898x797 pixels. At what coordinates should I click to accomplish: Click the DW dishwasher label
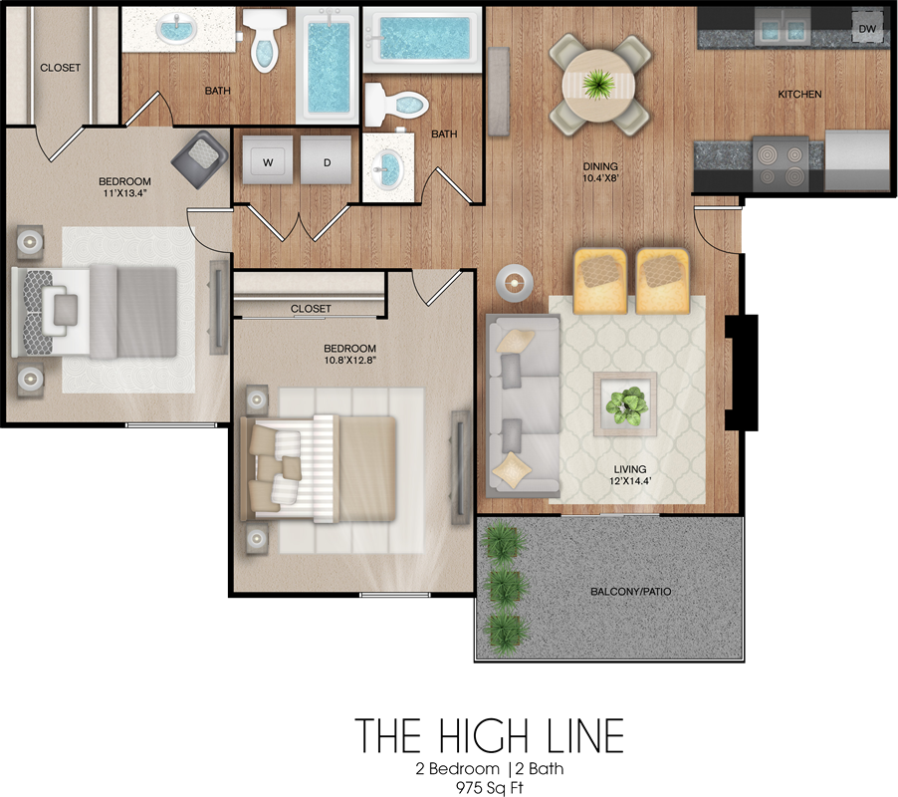(867, 29)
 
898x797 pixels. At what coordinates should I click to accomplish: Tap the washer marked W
(268, 159)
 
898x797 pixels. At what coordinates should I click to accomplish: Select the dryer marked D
(326, 159)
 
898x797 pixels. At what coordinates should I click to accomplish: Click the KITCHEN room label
(799, 94)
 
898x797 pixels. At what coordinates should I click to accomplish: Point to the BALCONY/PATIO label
(630, 592)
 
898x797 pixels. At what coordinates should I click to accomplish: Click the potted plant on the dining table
(598, 85)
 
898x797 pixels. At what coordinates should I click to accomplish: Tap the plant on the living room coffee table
(626, 404)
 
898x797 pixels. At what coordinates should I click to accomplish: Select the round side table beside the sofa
(515, 283)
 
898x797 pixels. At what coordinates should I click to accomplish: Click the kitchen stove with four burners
(781, 163)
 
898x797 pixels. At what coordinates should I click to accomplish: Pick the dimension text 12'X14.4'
(630, 481)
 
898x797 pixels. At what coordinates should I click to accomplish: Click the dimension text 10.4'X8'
(600, 178)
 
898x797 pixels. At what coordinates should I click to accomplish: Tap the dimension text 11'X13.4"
(124, 193)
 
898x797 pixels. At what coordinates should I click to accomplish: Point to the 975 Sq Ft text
(490, 788)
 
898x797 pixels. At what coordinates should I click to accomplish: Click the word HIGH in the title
(484, 735)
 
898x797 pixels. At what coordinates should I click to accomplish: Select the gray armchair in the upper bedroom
(199, 158)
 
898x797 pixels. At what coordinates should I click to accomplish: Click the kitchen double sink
(782, 28)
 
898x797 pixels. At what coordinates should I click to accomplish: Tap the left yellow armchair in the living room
(599, 280)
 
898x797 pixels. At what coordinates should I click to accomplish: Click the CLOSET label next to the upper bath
(60, 68)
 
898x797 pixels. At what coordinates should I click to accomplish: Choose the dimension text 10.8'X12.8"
(349, 361)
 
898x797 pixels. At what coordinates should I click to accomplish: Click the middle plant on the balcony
(505, 585)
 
